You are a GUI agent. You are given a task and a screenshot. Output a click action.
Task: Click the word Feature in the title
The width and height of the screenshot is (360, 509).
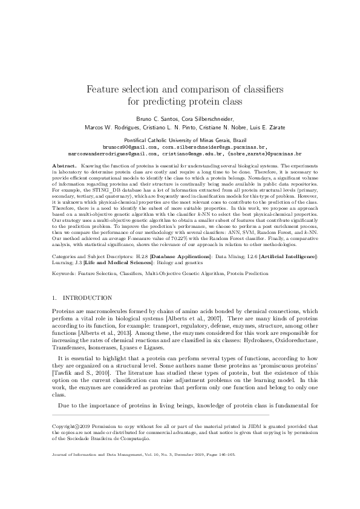pyautogui.click(x=105, y=89)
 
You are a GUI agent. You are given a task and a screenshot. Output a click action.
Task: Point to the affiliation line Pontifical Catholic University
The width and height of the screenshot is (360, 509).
pyautogui.click(x=180, y=139)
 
